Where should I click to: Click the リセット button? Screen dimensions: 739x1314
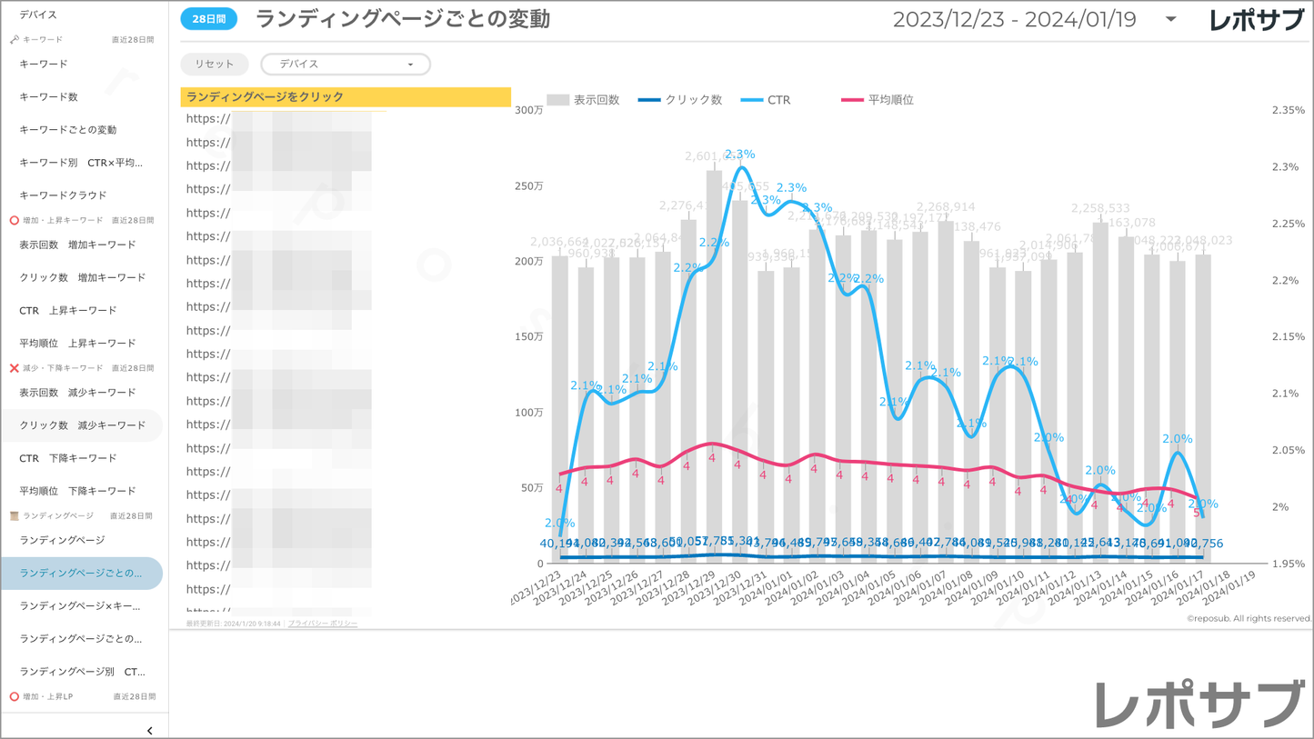(214, 65)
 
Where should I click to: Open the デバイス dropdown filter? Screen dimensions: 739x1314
(346, 65)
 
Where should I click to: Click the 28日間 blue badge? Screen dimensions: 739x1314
(208, 19)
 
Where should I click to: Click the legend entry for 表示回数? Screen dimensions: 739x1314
(584, 100)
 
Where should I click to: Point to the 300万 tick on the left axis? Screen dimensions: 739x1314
(528, 110)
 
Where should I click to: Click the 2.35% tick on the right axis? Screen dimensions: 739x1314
(1288, 110)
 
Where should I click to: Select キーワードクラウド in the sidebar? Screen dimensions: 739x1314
(63, 195)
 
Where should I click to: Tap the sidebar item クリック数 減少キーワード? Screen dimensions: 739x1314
(82, 425)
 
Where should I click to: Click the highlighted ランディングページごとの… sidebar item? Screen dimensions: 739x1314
(81, 574)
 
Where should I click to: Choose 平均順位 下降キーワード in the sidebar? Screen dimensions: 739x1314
(77, 491)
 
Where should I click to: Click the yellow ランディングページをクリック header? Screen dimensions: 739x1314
(346, 96)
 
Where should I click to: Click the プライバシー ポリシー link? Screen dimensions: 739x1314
(323, 624)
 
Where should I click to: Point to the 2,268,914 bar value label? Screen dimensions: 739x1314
(946, 207)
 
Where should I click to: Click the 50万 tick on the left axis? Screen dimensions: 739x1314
(532, 488)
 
